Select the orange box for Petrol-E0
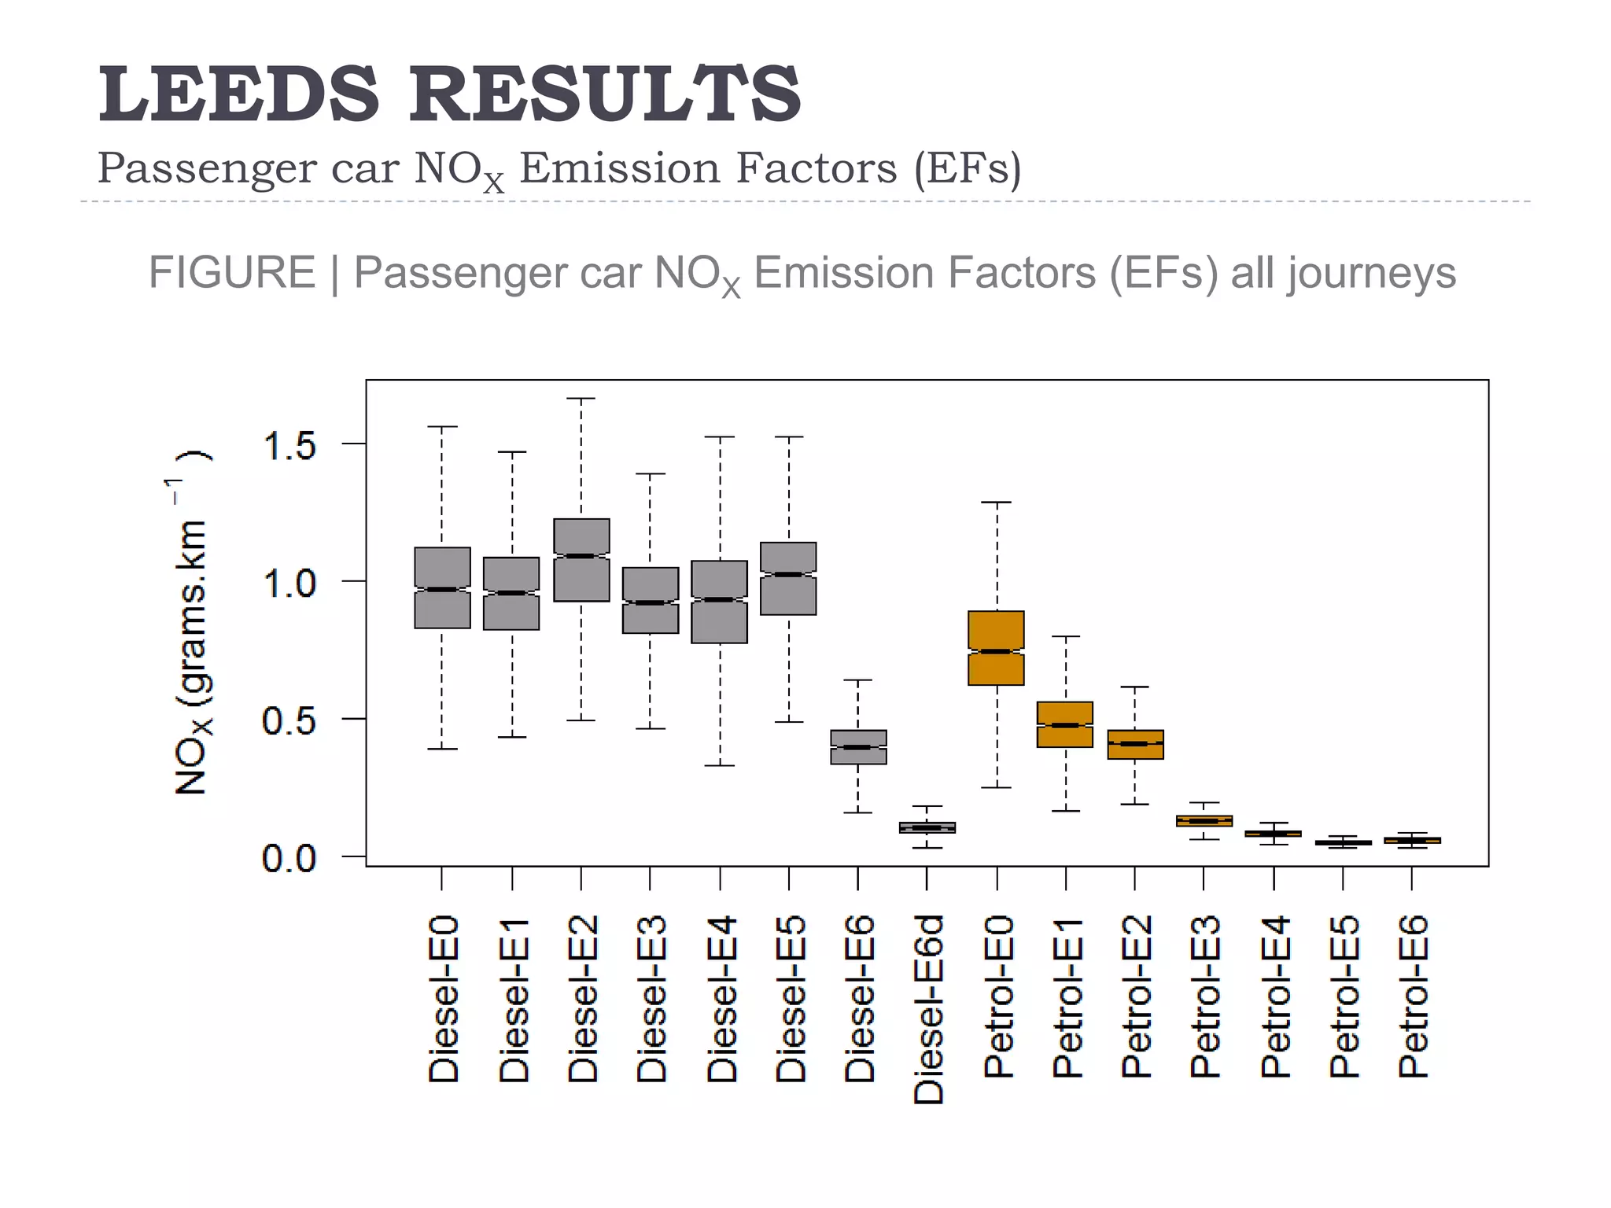(x=997, y=629)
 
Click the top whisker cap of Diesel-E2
(x=581, y=399)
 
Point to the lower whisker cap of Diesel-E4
(x=720, y=765)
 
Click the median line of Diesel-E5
(x=788, y=574)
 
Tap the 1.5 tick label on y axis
(x=289, y=446)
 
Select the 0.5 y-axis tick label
(x=289, y=720)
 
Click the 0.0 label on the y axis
(x=289, y=858)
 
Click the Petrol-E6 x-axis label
(x=1413, y=996)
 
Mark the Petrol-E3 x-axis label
(x=1204, y=996)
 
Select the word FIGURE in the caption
(x=231, y=273)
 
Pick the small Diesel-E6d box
(x=927, y=827)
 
